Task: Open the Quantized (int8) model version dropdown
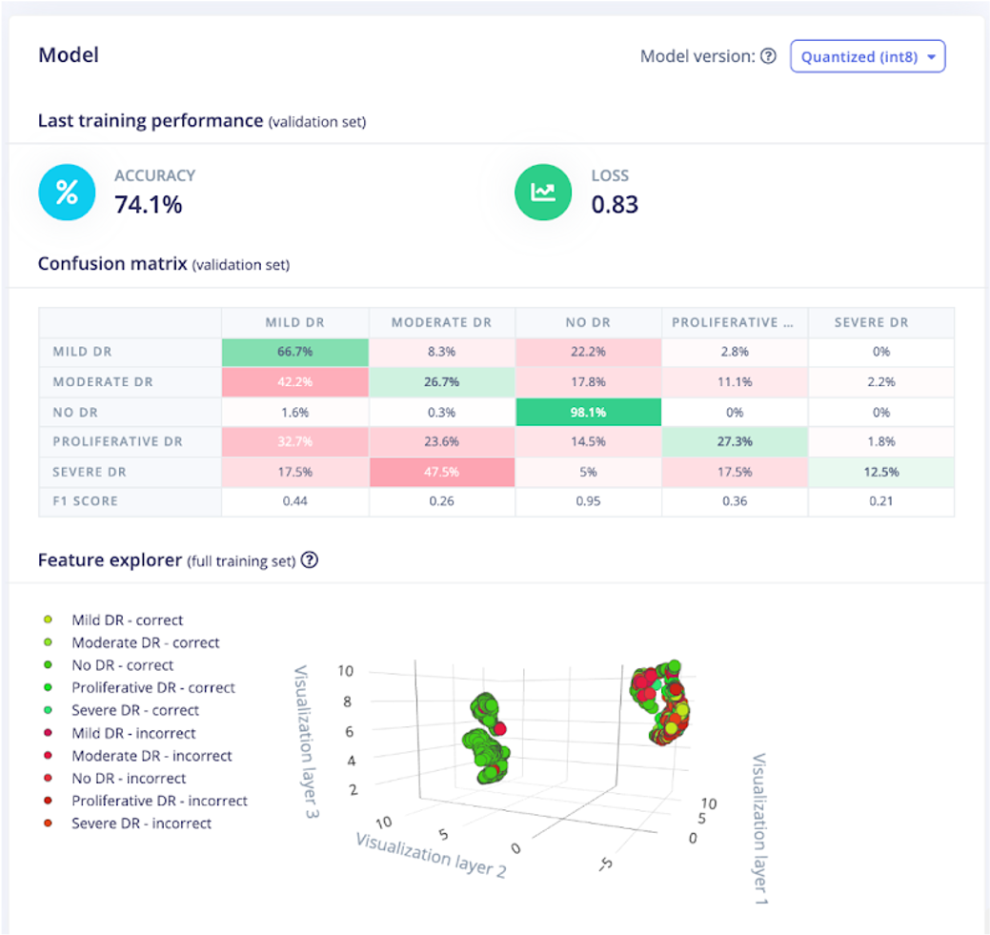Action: click(x=867, y=56)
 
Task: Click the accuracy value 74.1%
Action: click(x=148, y=204)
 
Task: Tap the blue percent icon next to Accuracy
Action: click(x=66, y=192)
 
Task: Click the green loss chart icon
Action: click(x=543, y=192)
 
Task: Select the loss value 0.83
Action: click(x=615, y=204)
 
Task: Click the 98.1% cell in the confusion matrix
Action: click(x=588, y=412)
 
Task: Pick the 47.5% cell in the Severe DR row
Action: click(x=441, y=472)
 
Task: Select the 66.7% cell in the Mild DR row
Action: click(x=294, y=352)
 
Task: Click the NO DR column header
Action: click(x=588, y=322)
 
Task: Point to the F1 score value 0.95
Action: click(x=588, y=501)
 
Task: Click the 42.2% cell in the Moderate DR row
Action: click(x=294, y=382)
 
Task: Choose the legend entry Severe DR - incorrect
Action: click(x=141, y=823)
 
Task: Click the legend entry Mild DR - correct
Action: click(x=127, y=620)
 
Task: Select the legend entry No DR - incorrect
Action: click(x=129, y=779)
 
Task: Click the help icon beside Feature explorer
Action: click(x=309, y=560)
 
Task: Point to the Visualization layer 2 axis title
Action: click(x=430, y=854)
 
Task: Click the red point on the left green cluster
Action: click(x=499, y=728)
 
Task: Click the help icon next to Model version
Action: click(x=768, y=56)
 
